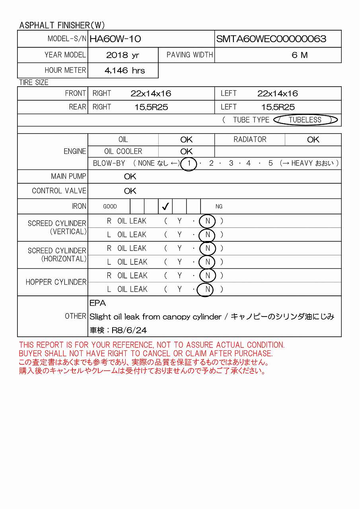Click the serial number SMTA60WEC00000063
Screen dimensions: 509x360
coord(271,39)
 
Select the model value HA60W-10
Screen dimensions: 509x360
coord(115,39)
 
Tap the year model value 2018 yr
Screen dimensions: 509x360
coord(123,55)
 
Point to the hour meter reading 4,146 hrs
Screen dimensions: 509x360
coord(125,71)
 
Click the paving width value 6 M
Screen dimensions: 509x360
coord(300,55)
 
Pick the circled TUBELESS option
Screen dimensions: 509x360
coord(305,120)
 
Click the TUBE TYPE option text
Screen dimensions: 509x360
coord(251,120)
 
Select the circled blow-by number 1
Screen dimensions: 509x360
coord(189,163)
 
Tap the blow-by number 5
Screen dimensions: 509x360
coord(270,163)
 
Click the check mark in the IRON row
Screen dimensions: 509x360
coord(165,206)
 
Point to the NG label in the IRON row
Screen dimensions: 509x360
coord(219,206)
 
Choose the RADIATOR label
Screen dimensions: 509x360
coord(250,140)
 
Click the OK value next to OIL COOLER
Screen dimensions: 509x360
coord(186,152)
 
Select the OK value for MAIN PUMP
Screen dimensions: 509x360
coord(130,177)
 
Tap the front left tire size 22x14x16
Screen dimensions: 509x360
coord(277,94)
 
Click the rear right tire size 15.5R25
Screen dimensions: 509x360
coord(151,107)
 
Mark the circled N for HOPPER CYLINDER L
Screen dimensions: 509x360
coord(207,289)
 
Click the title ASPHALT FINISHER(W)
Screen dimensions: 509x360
coord(62,25)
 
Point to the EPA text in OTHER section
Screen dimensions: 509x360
coord(97,303)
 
